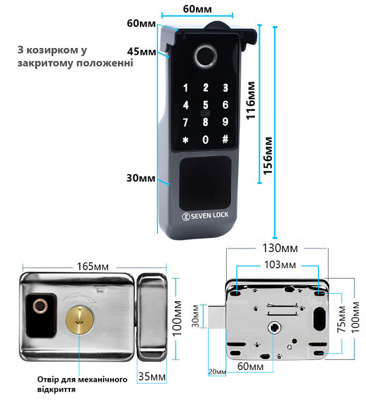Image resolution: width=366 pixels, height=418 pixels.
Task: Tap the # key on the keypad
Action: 225,139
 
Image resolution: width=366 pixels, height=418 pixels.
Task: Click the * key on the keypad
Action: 185,140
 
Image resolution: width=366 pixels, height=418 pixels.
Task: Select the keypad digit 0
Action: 205,139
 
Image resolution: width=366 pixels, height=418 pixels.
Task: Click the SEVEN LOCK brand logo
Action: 205,216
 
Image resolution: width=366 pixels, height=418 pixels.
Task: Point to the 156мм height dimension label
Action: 268,156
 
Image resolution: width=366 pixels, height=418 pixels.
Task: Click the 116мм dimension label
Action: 250,100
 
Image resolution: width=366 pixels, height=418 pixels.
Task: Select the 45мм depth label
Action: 142,51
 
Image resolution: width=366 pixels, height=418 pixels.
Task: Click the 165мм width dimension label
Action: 92,266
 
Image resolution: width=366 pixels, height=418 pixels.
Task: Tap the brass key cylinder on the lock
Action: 79,319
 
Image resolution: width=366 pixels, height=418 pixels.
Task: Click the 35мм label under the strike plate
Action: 152,376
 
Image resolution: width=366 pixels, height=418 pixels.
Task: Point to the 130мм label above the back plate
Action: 280,248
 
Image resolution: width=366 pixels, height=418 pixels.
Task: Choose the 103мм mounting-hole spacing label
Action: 280,265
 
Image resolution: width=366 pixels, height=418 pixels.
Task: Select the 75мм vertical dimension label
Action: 341,319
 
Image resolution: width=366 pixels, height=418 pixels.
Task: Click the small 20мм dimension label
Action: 217,372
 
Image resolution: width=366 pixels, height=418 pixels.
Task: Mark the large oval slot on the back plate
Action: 320,318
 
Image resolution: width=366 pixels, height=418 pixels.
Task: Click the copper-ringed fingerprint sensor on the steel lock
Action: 40,306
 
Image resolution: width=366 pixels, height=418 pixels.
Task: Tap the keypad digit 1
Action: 185,88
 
